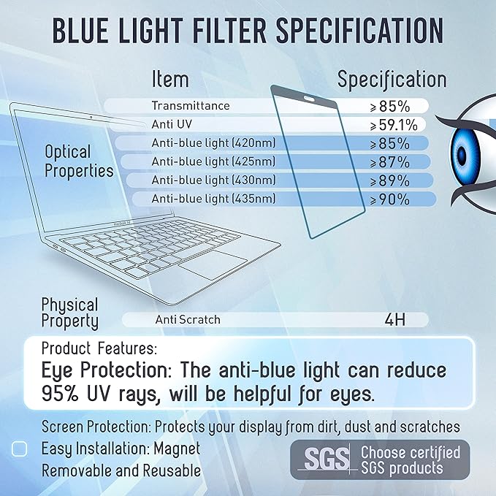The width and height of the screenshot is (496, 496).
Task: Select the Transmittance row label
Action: pos(191,106)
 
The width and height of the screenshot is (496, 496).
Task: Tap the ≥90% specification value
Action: pos(389,199)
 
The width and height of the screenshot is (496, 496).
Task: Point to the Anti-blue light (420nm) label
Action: pos(213,142)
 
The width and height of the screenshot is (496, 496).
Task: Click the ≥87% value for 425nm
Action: pos(389,161)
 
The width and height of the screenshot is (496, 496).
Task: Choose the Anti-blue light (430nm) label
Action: pos(213,180)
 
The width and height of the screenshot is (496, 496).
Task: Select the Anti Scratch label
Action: pos(188,319)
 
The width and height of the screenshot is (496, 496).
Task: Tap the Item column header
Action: pos(170,79)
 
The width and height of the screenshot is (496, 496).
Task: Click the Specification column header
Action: pos(392,79)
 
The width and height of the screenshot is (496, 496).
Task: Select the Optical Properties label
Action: pos(79,161)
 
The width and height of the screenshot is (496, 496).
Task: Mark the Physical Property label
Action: pos(70,313)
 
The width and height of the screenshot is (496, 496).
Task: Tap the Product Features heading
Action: pos(99,348)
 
